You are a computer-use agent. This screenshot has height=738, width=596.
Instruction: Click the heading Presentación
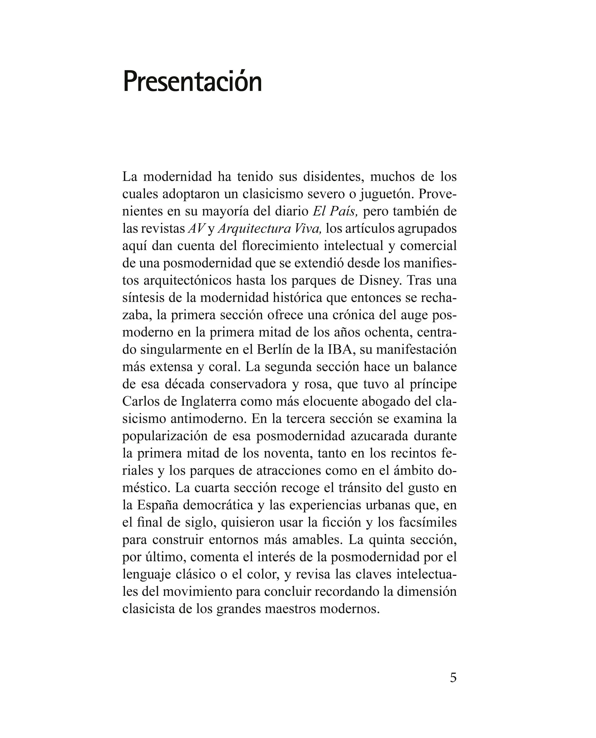point(192,82)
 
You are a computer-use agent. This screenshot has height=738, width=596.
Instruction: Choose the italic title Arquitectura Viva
point(269,229)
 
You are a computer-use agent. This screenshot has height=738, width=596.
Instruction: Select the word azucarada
point(379,436)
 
